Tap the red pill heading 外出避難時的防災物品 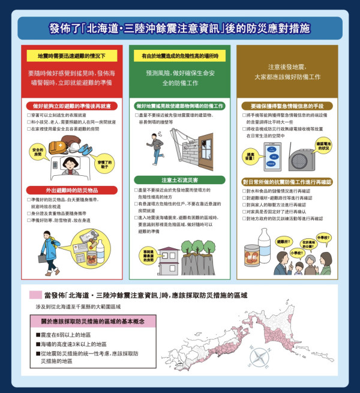tap(71, 190)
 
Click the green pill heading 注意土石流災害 tap(179, 179)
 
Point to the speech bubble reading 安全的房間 tap(38, 151)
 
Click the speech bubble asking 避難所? tap(284, 242)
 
